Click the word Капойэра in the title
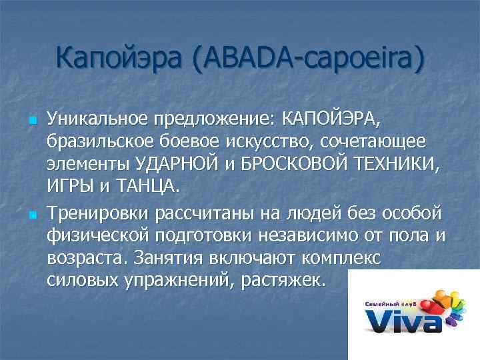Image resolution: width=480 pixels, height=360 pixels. (120, 59)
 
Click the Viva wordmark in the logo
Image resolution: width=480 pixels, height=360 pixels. (404, 321)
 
